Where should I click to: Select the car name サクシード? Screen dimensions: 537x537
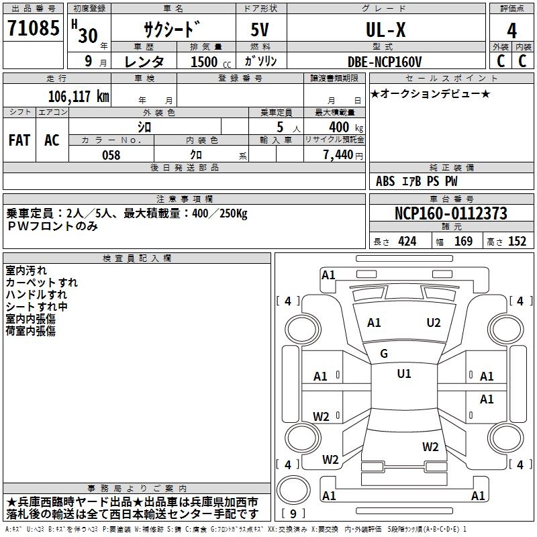171,30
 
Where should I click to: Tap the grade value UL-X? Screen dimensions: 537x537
385,30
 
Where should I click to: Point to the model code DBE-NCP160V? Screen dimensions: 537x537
385,62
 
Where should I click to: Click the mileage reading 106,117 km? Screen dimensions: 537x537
79,96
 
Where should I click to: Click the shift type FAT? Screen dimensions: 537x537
19,140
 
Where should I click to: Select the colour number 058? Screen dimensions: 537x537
111,155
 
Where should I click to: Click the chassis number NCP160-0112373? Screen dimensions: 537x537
451,213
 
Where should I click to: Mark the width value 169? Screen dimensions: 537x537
463,242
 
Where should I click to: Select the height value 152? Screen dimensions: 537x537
517,242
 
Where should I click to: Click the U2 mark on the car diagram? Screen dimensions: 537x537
434,323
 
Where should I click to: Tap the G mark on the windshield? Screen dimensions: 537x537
384,354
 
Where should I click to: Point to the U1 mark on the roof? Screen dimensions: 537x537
403,374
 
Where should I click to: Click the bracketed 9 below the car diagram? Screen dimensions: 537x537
293,514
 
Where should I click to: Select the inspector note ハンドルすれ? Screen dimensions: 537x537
36,294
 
